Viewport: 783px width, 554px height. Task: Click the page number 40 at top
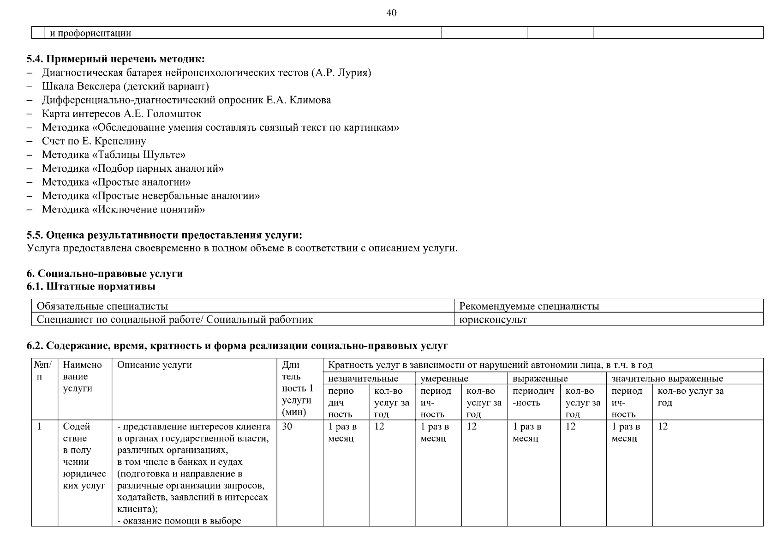[391, 13]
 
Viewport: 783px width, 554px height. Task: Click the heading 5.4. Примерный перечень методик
[115, 59]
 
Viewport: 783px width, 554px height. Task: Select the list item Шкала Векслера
[125, 86]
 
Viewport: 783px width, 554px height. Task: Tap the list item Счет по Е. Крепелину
[94, 141]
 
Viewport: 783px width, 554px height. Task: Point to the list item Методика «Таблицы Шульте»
[114, 155]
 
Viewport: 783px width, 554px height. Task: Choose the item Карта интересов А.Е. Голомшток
[121, 114]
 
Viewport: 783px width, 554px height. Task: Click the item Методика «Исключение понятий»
[123, 210]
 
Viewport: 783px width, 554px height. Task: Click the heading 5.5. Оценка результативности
[164, 235]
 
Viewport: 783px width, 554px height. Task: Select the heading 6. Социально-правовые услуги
[105, 274]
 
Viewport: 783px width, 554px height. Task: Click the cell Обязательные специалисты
[102, 306]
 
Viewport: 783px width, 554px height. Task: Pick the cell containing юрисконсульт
[493, 319]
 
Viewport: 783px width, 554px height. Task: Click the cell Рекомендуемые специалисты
[529, 306]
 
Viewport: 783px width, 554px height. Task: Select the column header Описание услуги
[154, 365]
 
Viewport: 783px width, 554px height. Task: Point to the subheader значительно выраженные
[667, 379]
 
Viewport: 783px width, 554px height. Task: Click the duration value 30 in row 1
[287, 427]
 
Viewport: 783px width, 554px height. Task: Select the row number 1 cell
[40, 427]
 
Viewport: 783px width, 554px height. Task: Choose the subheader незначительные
[363, 379]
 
